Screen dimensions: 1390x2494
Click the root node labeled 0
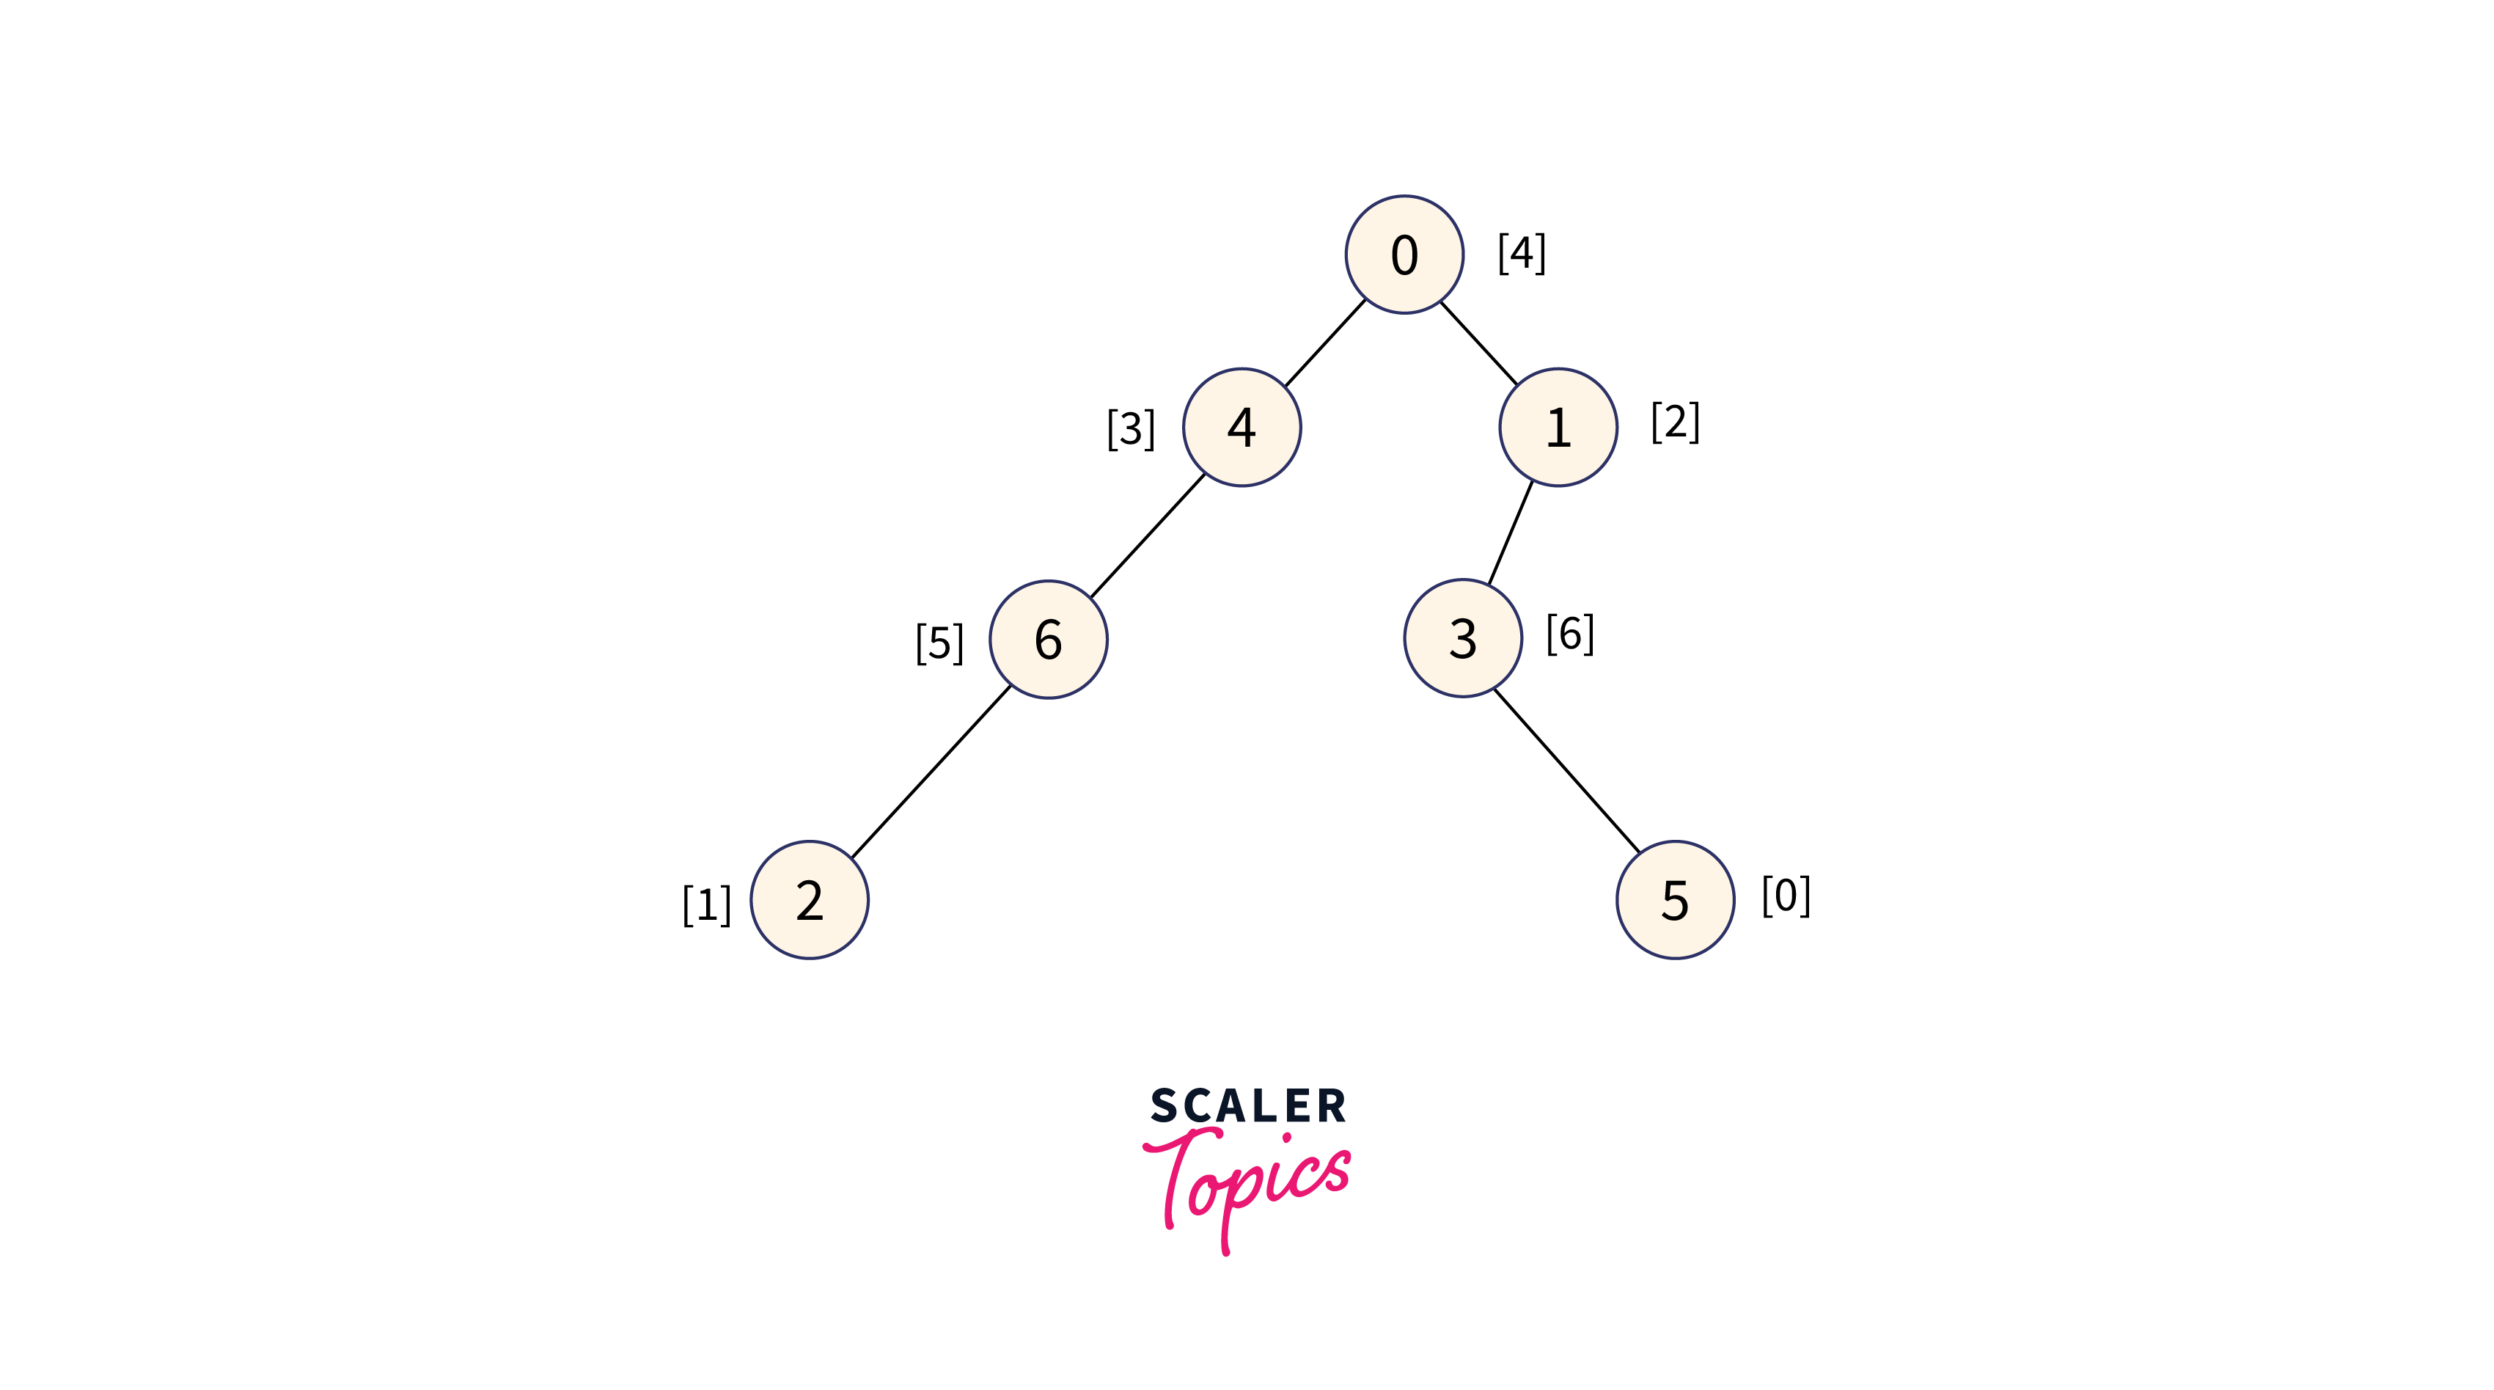(x=1404, y=255)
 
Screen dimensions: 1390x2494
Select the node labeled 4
(x=1242, y=427)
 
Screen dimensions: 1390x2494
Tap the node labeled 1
(x=1558, y=427)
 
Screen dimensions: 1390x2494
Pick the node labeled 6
(x=1048, y=640)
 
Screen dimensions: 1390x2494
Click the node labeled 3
(x=1462, y=638)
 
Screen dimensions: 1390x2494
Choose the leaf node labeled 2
(x=810, y=900)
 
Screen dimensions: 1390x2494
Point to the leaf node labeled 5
(x=1675, y=900)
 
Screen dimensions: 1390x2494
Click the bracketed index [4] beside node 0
(x=1521, y=254)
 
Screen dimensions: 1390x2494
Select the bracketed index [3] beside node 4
(x=1131, y=429)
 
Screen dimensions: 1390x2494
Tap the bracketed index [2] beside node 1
(x=1675, y=423)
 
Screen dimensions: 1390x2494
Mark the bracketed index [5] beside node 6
(x=939, y=643)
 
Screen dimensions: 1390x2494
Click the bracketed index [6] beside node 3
(x=1569, y=634)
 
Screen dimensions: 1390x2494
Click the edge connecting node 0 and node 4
(x=1324, y=343)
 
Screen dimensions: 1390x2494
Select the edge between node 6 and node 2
(x=929, y=771)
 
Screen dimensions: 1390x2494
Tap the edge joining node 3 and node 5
(x=1566, y=771)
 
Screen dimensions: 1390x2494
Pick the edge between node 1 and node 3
(x=1511, y=532)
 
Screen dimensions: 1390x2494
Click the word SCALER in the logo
(x=1248, y=1106)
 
